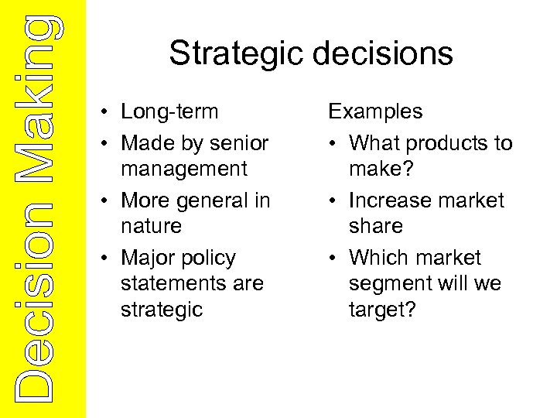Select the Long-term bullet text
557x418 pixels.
click(x=169, y=111)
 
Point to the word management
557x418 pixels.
click(x=184, y=169)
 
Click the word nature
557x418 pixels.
click(x=151, y=226)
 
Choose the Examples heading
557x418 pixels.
click(x=375, y=111)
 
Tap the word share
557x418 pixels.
click(x=376, y=226)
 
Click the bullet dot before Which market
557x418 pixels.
click(x=333, y=259)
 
